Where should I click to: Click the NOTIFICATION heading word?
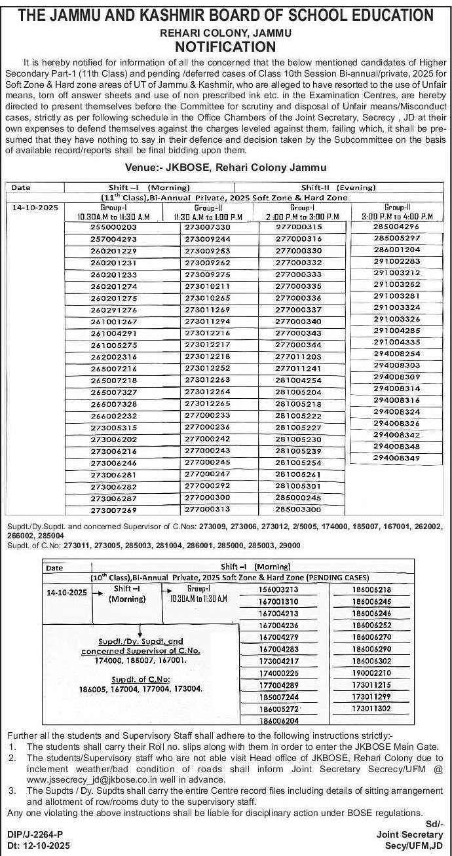[x=225, y=47]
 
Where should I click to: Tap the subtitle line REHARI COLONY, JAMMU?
[x=225, y=32]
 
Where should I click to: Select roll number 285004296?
[x=396, y=227]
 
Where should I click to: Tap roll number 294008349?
[x=396, y=458]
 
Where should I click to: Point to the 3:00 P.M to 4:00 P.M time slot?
[x=396, y=216]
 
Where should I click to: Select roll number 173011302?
[x=371, y=709]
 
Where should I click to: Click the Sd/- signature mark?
[x=434, y=823]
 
